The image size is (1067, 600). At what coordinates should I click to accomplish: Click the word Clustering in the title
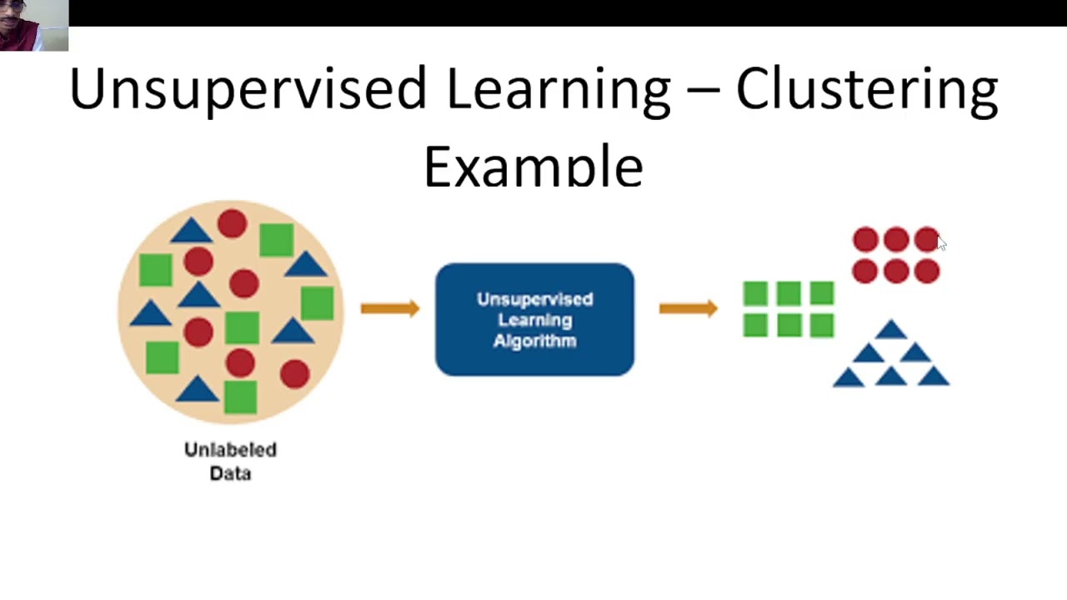[867, 90]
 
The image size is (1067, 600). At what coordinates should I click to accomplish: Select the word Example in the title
[533, 167]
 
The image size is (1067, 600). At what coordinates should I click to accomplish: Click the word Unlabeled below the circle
[230, 450]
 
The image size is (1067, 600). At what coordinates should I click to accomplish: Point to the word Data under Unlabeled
[230, 473]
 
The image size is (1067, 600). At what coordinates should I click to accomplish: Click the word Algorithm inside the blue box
[534, 341]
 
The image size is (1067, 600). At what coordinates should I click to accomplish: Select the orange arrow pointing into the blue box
[390, 308]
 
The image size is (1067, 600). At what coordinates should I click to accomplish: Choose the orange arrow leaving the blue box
[688, 308]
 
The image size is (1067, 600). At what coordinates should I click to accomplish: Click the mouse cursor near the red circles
[941, 242]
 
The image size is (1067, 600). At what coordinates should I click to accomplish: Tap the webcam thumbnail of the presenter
[34, 26]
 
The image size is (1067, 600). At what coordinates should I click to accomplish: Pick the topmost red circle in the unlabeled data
[232, 223]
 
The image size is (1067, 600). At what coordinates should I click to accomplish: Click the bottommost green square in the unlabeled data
[241, 397]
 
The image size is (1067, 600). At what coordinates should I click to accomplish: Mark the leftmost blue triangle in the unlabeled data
[150, 314]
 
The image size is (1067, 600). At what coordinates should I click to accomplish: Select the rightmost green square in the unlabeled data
[318, 303]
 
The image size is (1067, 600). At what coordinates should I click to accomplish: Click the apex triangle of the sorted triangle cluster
[891, 331]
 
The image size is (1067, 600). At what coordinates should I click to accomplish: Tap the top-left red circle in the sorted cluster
[865, 240]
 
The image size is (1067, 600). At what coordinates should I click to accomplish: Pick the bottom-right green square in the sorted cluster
[821, 325]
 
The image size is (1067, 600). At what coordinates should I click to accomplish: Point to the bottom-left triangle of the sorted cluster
[849, 378]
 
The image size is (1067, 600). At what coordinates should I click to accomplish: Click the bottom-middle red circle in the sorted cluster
[896, 271]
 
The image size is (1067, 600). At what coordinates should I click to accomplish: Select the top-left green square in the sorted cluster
[755, 293]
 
